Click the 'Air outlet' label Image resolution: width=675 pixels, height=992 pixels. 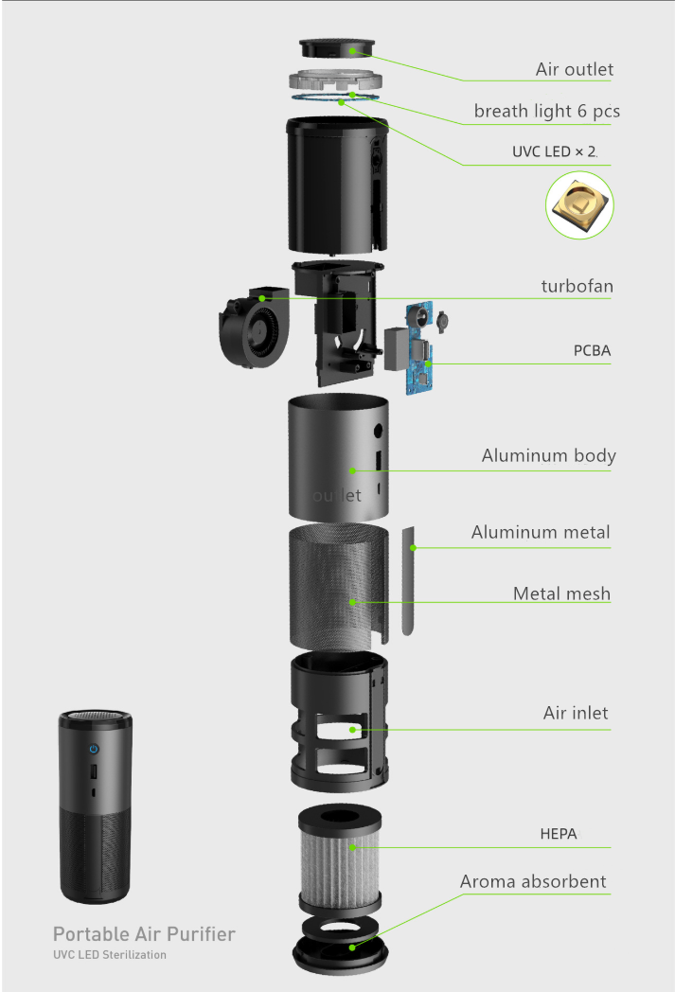pyautogui.click(x=574, y=69)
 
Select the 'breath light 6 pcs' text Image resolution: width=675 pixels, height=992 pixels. pyautogui.click(x=546, y=111)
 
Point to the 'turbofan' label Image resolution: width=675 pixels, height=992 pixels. pyautogui.click(x=576, y=285)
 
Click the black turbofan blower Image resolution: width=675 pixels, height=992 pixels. pyautogui.click(x=252, y=327)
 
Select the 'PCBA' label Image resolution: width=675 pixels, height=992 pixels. pyautogui.click(x=592, y=350)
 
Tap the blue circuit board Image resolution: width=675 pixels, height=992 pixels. pyautogui.click(x=421, y=350)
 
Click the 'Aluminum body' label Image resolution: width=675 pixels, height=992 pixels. pyautogui.click(x=548, y=455)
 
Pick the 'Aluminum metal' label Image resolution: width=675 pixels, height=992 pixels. pyautogui.click(x=541, y=532)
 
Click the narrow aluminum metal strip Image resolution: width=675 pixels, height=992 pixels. pyautogui.click(x=408, y=579)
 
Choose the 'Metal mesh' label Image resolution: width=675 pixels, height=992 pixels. pyautogui.click(x=561, y=593)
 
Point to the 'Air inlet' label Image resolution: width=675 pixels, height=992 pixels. pyautogui.click(x=576, y=713)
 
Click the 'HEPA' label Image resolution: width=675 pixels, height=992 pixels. pyautogui.click(x=558, y=834)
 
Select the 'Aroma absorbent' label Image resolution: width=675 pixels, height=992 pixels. pyautogui.click(x=533, y=881)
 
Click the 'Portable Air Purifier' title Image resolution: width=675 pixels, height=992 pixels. pyautogui.click(x=144, y=934)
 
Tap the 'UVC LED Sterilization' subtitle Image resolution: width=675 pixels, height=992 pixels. pyautogui.click(x=109, y=955)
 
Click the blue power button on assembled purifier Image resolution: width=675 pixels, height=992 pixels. pyautogui.click(x=93, y=749)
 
